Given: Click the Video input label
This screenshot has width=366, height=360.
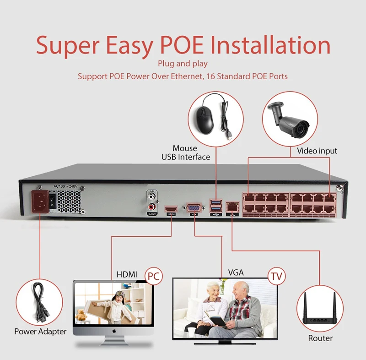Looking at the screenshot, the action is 317,151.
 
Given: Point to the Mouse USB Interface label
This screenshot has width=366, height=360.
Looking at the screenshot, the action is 185,153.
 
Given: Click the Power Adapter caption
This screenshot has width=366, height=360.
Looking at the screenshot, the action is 40,331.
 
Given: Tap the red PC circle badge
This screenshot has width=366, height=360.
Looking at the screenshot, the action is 154,275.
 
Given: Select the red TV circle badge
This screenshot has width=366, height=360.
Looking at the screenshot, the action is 276,275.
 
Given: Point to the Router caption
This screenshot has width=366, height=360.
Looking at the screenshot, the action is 320,338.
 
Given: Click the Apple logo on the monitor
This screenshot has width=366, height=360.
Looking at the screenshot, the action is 113,329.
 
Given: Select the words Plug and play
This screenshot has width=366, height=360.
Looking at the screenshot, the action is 183,64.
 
